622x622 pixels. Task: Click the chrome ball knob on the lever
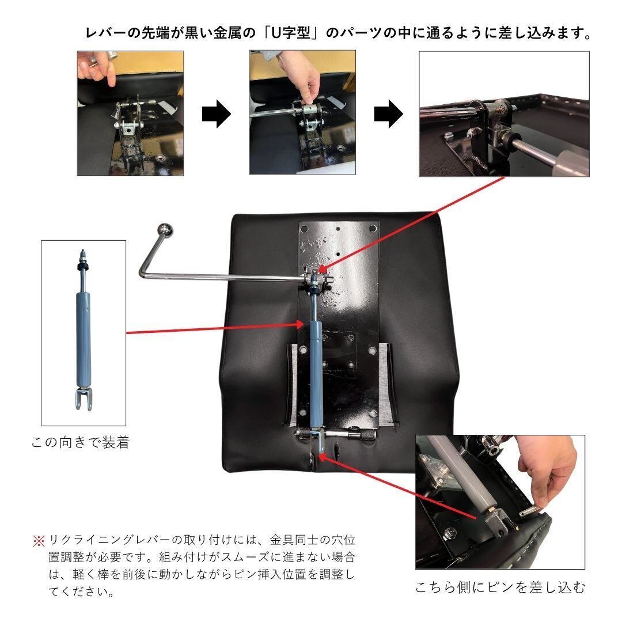165,230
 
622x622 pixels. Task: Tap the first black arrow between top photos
216,114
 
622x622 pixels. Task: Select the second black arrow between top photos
388,114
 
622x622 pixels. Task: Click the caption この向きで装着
81,442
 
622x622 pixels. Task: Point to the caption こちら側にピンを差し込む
500,587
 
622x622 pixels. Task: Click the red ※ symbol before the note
39,541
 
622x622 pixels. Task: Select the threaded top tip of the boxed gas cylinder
83,252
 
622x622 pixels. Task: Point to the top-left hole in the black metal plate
305,229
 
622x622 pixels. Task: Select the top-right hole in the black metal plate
373,228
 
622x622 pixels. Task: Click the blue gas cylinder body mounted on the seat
316,375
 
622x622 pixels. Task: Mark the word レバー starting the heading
107,33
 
